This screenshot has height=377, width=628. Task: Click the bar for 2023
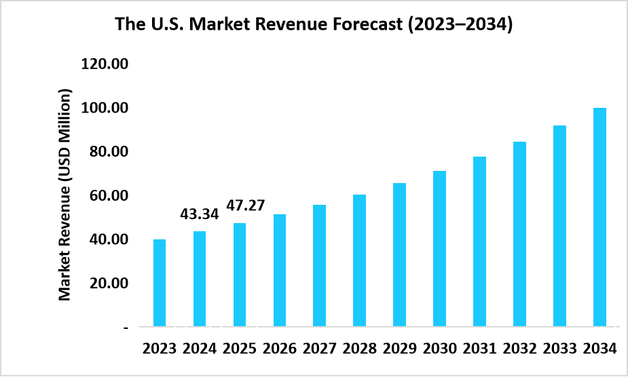160,283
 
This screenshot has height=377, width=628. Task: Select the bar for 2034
599,217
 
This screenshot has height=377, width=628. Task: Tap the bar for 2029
400,255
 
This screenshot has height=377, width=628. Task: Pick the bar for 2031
480,241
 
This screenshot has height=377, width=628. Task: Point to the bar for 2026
280,271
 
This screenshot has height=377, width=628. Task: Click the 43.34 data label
200,214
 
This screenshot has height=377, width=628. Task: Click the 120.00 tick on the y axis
105,64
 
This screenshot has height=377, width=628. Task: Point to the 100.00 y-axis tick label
105,108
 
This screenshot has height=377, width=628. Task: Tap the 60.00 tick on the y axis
108,195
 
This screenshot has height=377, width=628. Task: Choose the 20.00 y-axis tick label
108,283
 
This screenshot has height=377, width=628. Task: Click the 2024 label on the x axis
200,349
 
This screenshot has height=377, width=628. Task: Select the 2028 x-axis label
360,349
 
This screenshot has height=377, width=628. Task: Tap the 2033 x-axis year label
559,349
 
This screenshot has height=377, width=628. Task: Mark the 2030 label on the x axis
440,349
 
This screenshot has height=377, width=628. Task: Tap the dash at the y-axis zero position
126,327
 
